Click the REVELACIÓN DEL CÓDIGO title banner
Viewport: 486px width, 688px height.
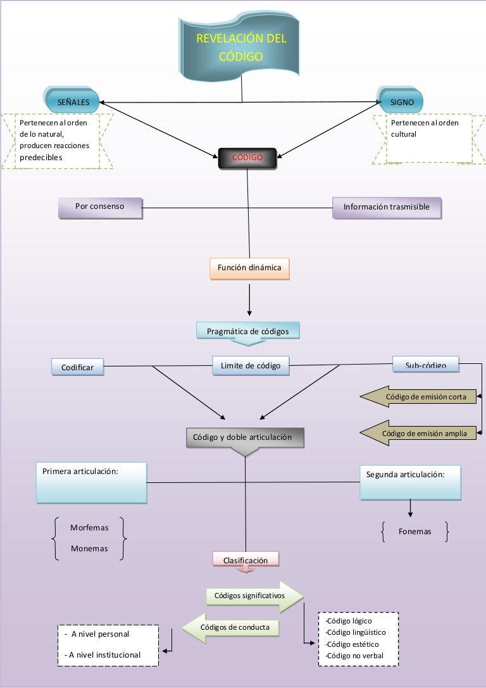pyautogui.click(x=241, y=47)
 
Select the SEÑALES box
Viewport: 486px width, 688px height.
pyautogui.click(x=73, y=101)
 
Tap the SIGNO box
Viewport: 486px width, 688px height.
pyautogui.click(x=402, y=101)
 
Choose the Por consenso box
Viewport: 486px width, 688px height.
pyautogui.click(x=99, y=207)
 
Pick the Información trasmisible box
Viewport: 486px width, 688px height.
pyautogui.click(x=386, y=208)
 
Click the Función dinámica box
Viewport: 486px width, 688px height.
pyautogui.click(x=249, y=268)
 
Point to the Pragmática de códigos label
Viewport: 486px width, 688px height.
pyautogui.click(x=247, y=331)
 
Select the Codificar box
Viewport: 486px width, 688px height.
pyautogui.click(x=77, y=367)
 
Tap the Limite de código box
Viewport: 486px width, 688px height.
pyautogui.click(x=251, y=365)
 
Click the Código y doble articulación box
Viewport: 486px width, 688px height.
pyautogui.click(x=245, y=437)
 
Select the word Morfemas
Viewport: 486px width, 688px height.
pyautogui.click(x=89, y=528)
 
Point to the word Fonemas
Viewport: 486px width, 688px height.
pyautogui.click(x=414, y=532)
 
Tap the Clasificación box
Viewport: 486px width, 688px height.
pyautogui.click(x=246, y=560)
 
